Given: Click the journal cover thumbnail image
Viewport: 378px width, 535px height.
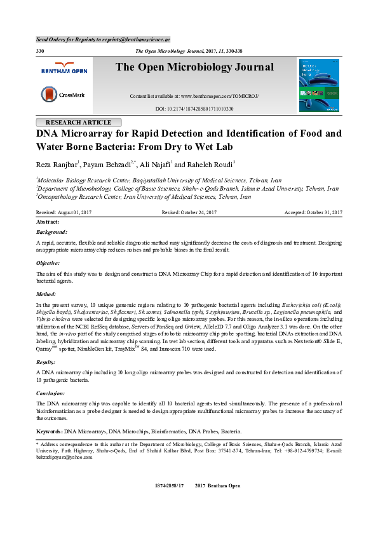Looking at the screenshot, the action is coord(319,86).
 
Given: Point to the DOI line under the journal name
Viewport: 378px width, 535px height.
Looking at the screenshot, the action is coord(194,109).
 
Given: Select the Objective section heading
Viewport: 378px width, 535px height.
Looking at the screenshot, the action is coord(48,262).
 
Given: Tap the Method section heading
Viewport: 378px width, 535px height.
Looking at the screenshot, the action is coord(47,295).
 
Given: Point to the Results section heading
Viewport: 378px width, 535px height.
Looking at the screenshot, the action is coord(47,361).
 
